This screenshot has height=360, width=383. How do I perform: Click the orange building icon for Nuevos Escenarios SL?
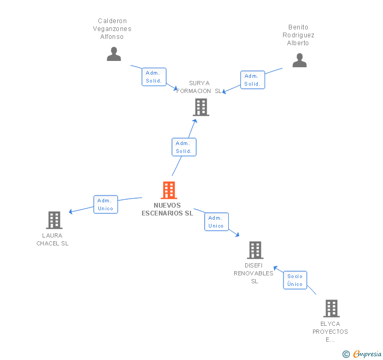pos(168,190)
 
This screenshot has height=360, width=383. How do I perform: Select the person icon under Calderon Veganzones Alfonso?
pos(114,54)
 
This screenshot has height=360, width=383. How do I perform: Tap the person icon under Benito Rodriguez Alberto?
pos(299,60)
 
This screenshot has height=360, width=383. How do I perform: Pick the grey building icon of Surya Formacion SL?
pos(201,107)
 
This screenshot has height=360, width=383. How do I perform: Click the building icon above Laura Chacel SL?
pos(54,220)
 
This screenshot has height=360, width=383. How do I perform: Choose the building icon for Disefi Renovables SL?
pos(255,250)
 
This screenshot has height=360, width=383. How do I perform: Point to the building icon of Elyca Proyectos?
pos(331,308)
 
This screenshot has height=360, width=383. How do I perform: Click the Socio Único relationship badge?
pos(295,280)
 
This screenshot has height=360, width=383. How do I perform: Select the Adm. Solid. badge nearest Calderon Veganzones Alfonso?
pos(154,77)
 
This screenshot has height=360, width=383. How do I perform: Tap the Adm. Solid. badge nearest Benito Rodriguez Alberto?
pos(253,80)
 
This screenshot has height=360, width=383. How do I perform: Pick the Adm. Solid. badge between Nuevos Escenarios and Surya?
pos(184,147)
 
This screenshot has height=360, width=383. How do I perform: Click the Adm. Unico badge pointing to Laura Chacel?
pos(105,204)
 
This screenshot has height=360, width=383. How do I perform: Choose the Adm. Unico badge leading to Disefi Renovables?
pos(216,222)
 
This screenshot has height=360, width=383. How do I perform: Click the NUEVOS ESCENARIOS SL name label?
pos(167,210)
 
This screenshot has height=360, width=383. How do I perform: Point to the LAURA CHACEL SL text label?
pos(53,240)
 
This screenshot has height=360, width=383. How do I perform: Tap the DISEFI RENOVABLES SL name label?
pos(254,273)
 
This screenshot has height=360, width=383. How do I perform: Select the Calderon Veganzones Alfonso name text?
pos(112,29)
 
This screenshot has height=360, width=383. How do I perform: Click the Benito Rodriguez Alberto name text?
pos(298,35)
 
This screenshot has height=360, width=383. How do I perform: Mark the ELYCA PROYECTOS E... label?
pos(330,332)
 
